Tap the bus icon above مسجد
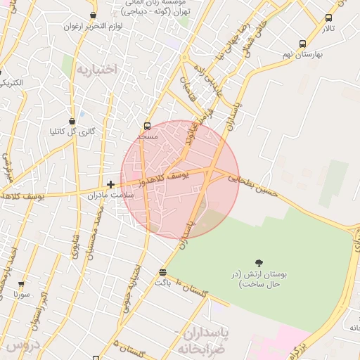[x=147, y=126]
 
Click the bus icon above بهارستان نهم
[x=302, y=44]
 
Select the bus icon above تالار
[x=328, y=18]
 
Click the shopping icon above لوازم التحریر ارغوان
[x=93, y=15]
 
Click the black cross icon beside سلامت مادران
[x=110, y=184]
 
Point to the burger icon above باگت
[x=163, y=272]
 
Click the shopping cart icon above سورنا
[x=21, y=284]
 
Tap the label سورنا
[x=21, y=295]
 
